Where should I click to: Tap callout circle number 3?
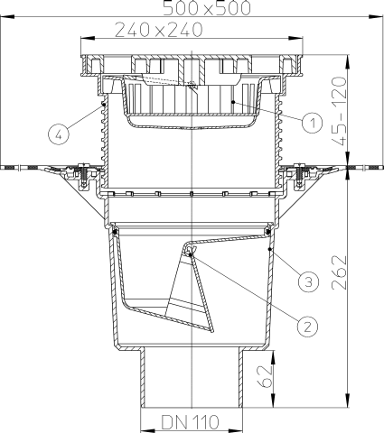click(307, 281)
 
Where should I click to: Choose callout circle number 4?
click(59, 136)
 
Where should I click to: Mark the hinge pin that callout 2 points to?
click(192, 255)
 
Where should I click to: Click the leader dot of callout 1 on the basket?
click(234, 104)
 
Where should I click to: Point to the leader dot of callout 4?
click(105, 105)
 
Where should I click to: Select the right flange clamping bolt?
click(299, 171)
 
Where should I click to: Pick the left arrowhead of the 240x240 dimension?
click(84, 38)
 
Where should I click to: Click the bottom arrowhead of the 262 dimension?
click(348, 402)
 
